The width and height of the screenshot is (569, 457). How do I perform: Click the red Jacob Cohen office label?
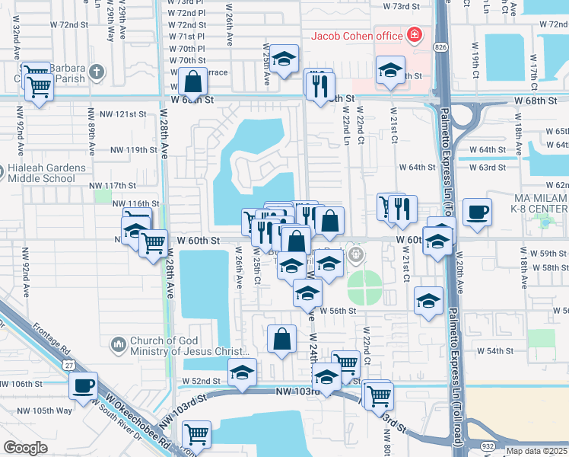tap(356, 35)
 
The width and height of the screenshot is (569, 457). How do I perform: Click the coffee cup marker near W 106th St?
tap(83, 385)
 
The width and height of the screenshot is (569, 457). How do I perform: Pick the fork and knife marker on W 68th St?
tap(319, 85)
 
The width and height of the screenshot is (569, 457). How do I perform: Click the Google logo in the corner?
tap(25, 448)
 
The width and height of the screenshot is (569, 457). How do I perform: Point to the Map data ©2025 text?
tap(536, 451)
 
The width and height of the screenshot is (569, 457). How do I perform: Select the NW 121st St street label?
tap(116, 114)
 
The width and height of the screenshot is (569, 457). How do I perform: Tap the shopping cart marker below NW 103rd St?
tap(196, 434)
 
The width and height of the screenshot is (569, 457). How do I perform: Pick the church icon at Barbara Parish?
tap(96, 72)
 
